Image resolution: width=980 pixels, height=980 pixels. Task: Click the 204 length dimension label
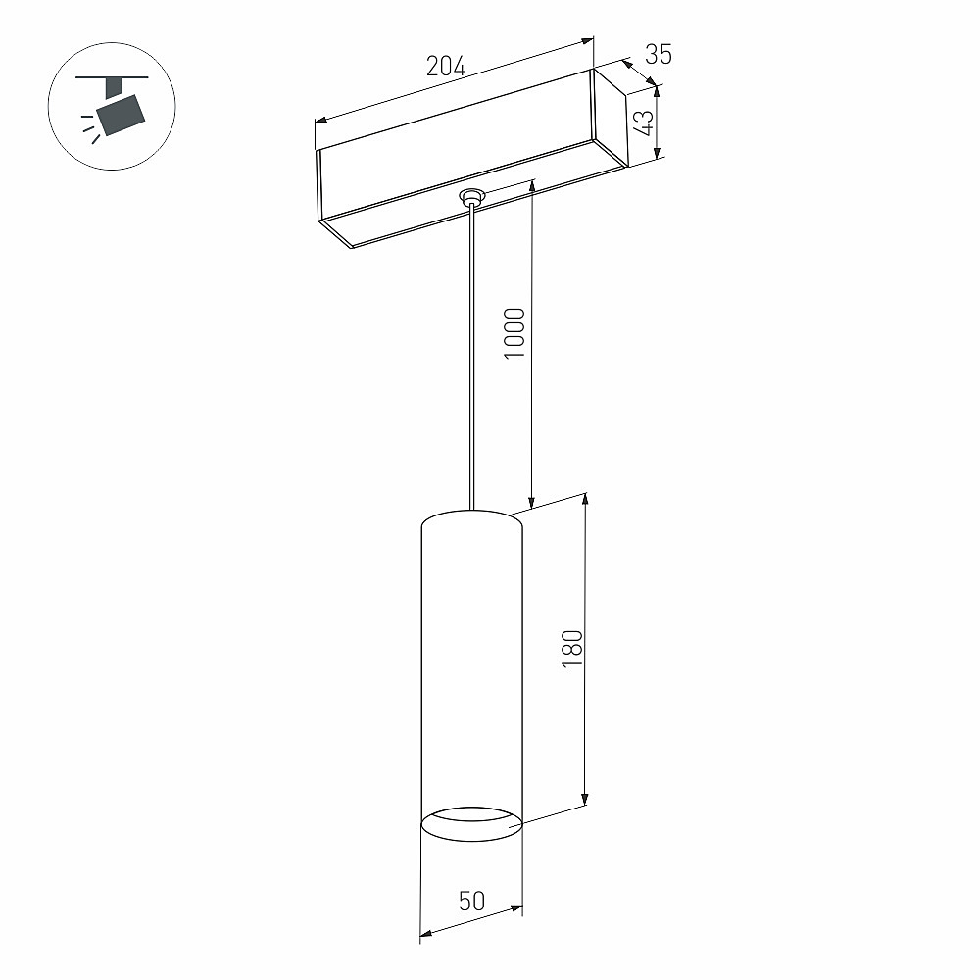[446, 66]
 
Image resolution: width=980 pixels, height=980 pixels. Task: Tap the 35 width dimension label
[659, 55]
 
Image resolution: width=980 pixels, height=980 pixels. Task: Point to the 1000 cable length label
[514, 332]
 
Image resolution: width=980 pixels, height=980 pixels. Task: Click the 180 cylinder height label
[572, 650]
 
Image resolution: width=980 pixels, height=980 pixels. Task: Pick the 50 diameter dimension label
[471, 902]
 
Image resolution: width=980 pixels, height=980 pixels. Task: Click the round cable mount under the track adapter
[472, 196]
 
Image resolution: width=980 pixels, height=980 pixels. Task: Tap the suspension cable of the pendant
[471, 357]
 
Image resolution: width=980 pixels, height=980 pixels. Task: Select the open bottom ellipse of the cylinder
[472, 824]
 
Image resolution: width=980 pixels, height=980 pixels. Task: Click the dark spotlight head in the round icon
[121, 115]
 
